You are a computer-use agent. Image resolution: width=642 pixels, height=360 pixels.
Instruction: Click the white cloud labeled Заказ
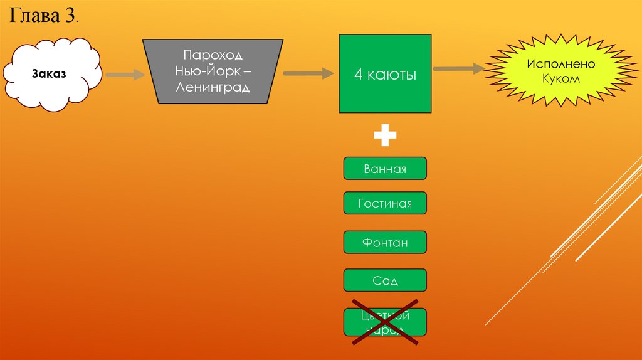point(53,74)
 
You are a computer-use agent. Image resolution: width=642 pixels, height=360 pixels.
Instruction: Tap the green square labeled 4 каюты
point(385,74)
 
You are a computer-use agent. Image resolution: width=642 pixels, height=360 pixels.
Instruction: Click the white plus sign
point(385,135)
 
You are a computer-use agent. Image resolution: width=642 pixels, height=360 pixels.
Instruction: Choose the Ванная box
point(385,169)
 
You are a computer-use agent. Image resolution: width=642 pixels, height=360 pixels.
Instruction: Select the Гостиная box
point(385,204)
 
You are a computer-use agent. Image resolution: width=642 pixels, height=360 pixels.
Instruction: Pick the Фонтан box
point(385,243)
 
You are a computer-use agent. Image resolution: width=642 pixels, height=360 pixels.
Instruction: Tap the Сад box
point(385,280)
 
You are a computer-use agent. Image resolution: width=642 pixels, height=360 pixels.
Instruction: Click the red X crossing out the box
point(385,322)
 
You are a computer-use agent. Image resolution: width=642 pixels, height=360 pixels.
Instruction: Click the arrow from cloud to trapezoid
point(125,75)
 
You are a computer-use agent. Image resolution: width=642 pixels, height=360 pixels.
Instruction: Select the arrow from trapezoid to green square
point(308,73)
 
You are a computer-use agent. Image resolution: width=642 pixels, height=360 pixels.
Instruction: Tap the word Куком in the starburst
point(560,80)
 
